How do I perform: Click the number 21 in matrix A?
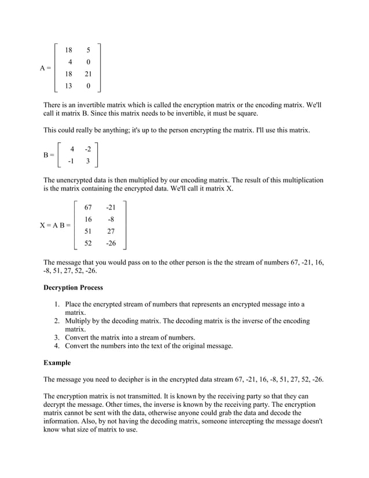[x=88, y=74]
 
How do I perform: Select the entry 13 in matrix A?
[x=69, y=86]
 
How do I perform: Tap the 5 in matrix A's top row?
[x=88, y=50]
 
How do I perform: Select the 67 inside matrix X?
[x=88, y=207]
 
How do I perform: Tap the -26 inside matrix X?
[x=110, y=243]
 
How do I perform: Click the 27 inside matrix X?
[x=111, y=231]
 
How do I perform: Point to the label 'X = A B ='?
[x=56, y=225]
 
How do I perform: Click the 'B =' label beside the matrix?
[x=49, y=155]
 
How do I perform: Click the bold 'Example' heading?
[x=57, y=363]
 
